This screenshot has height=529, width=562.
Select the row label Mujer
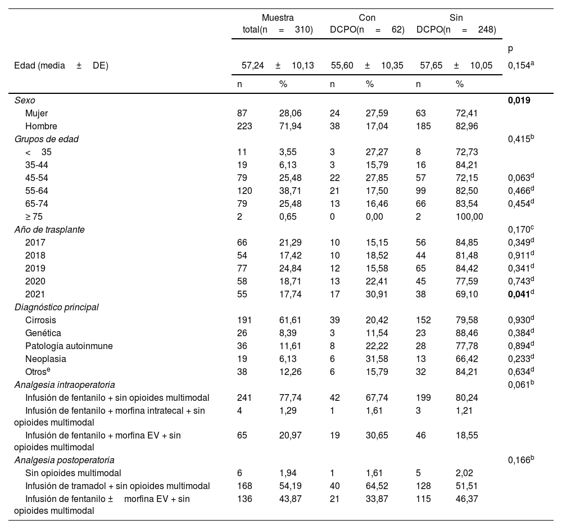click(37, 113)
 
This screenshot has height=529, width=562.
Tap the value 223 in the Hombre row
click(245, 126)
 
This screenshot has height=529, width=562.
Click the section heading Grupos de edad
click(47, 139)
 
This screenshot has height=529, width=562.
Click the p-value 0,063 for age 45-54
click(520, 177)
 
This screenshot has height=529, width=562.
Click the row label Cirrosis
click(40, 320)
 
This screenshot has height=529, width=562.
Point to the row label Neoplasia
click(46, 359)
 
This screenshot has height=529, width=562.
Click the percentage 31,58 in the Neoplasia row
click(377, 359)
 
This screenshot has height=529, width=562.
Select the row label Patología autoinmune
click(69, 346)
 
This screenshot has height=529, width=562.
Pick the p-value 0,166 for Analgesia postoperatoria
click(520, 460)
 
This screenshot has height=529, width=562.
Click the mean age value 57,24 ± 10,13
click(278, 66)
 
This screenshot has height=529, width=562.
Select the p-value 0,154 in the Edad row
click(520, 65)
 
